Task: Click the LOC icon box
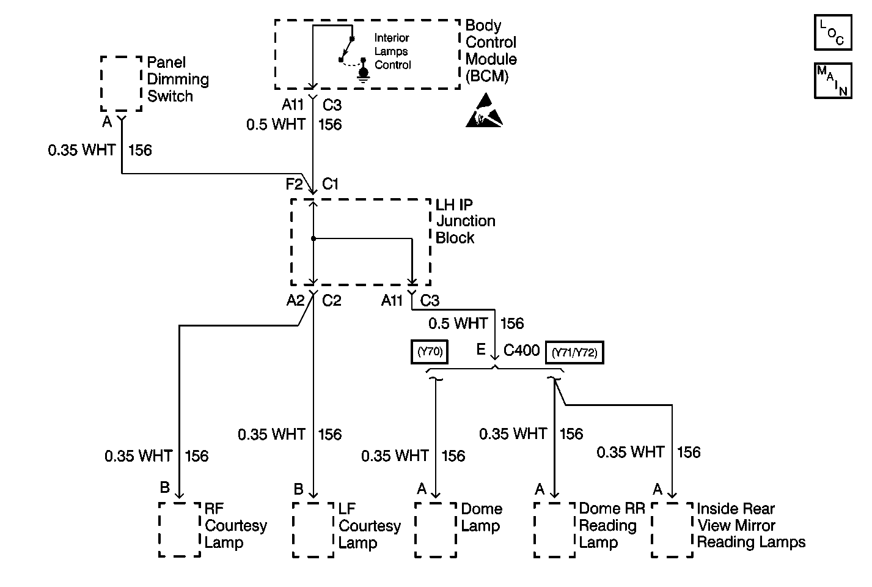832,33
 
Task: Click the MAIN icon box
832,80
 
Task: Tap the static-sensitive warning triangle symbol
484,111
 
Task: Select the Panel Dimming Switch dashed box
121,84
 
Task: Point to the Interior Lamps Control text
392,51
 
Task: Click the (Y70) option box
430,352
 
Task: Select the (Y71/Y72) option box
574,353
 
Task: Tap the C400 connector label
521,350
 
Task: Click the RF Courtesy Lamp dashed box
179,530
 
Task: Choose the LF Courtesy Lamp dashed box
313,530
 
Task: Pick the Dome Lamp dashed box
435,530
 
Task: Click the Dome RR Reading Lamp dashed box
554,530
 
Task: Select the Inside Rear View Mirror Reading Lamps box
672,530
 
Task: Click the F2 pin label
295,184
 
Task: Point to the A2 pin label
295,300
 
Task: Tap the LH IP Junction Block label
465,221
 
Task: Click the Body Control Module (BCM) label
491,51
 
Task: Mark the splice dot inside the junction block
313,238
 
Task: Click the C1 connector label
331,184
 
